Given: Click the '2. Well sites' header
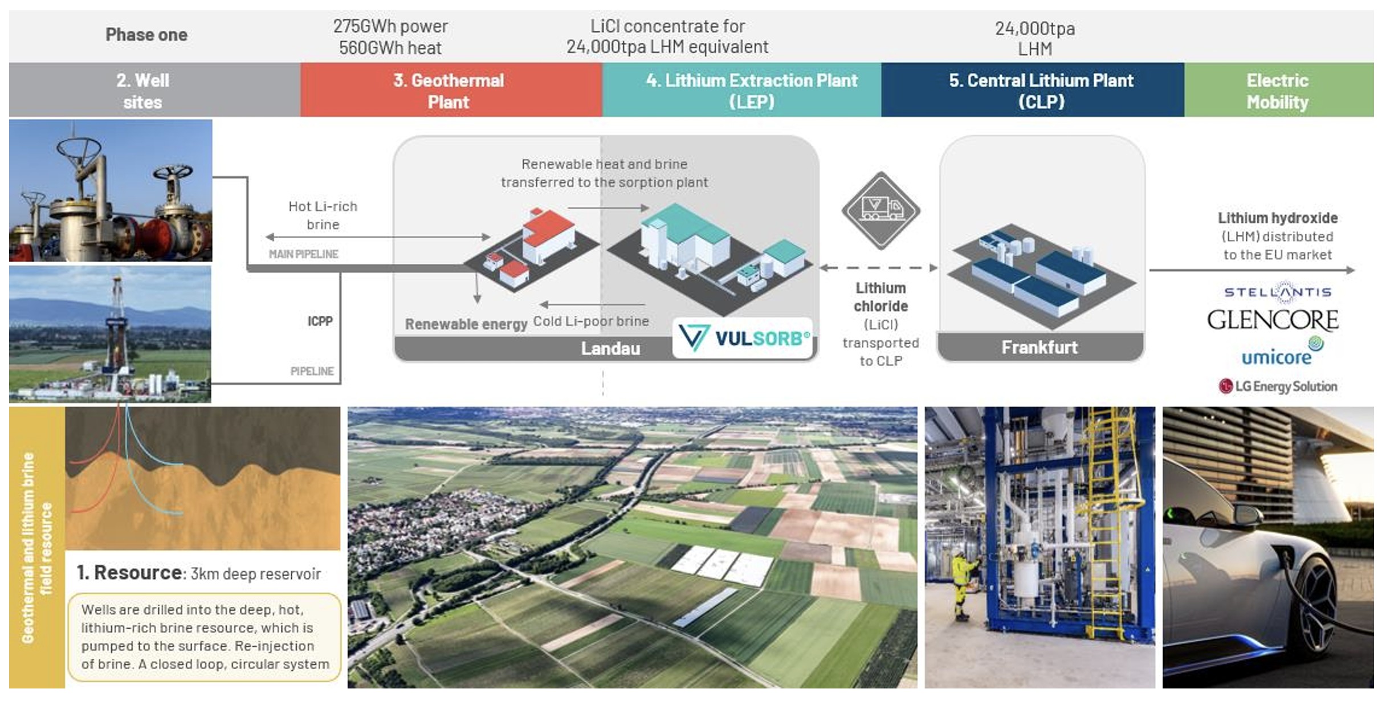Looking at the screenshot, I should [x=142, y=91].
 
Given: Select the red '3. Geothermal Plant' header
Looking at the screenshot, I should [x=449, y=91].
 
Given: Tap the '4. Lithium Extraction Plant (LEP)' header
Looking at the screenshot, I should [x=751, y=91].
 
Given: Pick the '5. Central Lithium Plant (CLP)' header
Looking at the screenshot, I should [x=1041, y=91].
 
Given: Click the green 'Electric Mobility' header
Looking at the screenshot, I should [x=1277, y=91].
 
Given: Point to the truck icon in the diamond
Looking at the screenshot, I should [x=881, y=209].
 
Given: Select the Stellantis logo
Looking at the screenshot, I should [x=1278, y=292].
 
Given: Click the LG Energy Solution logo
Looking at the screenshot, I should [x=1278, y=386].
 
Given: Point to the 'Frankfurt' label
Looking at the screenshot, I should [x=1040, y=347].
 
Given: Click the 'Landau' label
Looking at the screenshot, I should [x=610, y=348].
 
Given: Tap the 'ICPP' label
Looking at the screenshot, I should [x=320, y=321].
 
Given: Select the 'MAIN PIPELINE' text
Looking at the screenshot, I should [x=303, y=254].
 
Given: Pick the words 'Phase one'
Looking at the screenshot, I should [x=146, y=35].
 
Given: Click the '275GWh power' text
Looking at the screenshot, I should [x=390, y=26].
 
